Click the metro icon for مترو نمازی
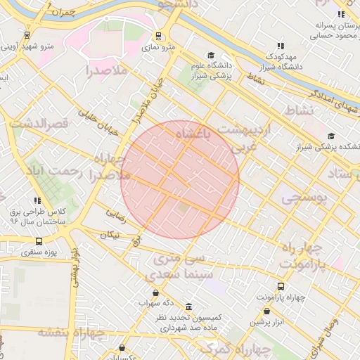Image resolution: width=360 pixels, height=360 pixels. pos(159,35)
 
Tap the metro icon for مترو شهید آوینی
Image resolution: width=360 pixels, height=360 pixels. pos(27,34)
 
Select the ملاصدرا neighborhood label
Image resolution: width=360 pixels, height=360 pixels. pos(106,70)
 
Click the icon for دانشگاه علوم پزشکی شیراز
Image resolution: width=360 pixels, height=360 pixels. pos(210,56)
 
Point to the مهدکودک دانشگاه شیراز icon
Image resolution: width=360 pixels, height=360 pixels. pos(281,46)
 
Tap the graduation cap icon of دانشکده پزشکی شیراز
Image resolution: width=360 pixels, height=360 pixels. pos(330,136)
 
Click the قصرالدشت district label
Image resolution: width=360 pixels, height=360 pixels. pos(39,124)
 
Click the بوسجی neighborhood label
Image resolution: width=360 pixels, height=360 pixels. pos(304,198)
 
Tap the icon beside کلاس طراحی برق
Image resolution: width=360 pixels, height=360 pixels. pos(37,201)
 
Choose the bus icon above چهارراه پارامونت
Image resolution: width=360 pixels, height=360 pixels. pos(281,286)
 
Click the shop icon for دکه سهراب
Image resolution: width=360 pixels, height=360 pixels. pos(155,293)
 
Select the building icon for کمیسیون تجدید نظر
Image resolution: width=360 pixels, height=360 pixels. pos(188,307)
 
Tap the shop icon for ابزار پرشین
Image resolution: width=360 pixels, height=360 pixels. pos(267,311)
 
